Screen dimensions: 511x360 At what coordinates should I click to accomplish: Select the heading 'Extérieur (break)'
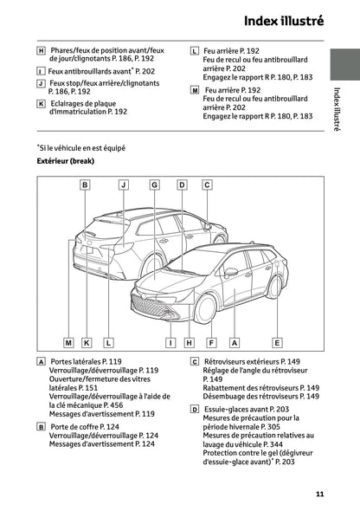click(65, 161)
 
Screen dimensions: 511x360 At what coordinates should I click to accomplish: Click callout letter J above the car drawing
click(124, 185)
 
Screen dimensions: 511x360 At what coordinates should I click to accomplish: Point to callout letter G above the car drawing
click(154, 185)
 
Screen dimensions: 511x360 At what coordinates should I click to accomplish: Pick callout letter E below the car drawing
click(276, 343)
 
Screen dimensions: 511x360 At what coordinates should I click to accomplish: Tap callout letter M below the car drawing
click(68, 343)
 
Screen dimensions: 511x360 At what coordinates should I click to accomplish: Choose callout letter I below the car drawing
click(171, 343)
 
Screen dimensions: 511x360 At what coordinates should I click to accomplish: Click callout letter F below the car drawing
click(210, 343)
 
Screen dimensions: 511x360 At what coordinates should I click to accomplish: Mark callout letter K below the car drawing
click(87, 343)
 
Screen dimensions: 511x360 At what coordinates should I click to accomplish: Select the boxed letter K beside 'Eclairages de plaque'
click(42, 103)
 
